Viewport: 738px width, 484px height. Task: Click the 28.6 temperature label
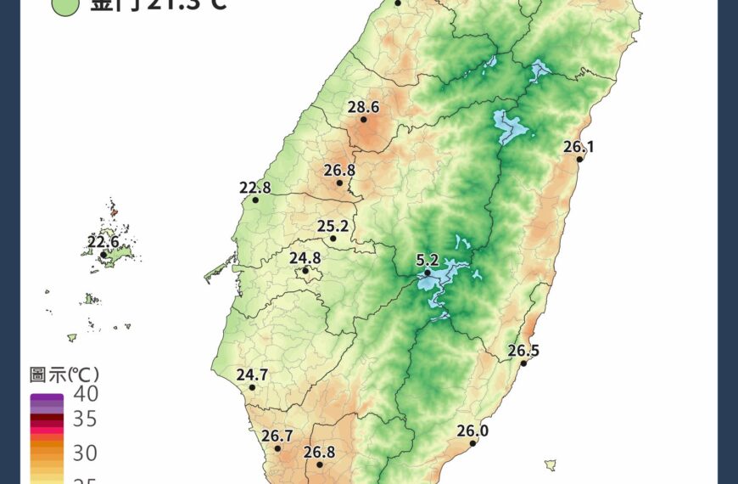pyautogui.click(x=363, y=107)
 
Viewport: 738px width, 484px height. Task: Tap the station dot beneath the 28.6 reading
pyautogui.click(x=364, y=120)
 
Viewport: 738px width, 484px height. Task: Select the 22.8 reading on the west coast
pyautogui.click(x=254, y=188)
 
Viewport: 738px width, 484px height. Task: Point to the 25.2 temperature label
pyautogui.click(x=333, y=226)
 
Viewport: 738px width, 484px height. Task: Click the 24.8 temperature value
pyautogui.click(x=305, y=258)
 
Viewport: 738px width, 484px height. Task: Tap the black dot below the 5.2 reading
pyautogui.click(x=428, y=273)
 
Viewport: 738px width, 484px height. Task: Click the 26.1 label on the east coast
pyautogui.click(x=579, y=147)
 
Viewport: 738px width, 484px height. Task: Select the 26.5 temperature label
pyautogui.click(x=523, y=351)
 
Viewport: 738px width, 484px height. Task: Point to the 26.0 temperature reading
pyautogui.click(x=472, y=431)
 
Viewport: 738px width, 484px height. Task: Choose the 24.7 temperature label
pyautogui.click(x=252, y=374)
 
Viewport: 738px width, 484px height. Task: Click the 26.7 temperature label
pyautogui.click(x=277, y=436)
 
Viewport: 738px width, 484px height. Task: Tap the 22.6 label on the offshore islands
pyautogui.click(x=103, y=242)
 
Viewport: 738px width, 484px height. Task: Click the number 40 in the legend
pyautogui.click(x=85, y=394)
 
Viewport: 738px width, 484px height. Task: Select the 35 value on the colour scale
pyautogui.click(x=85, y=419)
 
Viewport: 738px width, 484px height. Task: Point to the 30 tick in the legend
pyautogui.click(x=85, y=453)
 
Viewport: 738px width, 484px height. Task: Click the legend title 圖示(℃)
pyautogui.click(x=64, y=374)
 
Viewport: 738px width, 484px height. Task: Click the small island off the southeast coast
pyautogui.click(x=551, y=464)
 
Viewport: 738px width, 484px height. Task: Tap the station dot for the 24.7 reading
pyautogui.click(x=252, y=387)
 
